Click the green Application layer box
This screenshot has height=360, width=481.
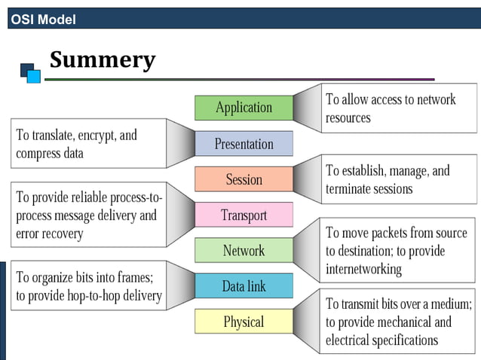pyautogui.click(x=244, y=108)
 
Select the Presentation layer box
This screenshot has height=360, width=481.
pyautogui.click(x=244, y=144)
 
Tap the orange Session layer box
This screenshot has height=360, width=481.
pyautogui.click(x=244, y=179)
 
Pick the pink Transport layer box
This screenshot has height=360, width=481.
pyautogui.click(x=244, y=215)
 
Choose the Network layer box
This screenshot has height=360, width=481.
pyautogui.click(x=244, y=251)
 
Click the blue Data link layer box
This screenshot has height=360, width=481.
pyautogui.click(x=244, y=286)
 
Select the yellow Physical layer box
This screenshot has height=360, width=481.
pyautogui.click(x=244, y=322)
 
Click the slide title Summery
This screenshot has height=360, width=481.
pyautogui.click(x=103, y=59)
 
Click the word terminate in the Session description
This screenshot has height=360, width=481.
pyautogui.click(x=351, y=188)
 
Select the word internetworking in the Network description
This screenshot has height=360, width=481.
pyautogui.click(x=363, y=269)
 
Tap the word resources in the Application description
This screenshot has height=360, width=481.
pyautogui.click(x=348, y=117)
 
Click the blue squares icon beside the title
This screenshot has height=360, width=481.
pyautogui.click(x=30, y=72)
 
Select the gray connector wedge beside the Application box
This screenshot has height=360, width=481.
pyautogui.click(x=307, y=108)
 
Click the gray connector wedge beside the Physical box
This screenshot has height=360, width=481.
pyautogui.click(x=307, y=322)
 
